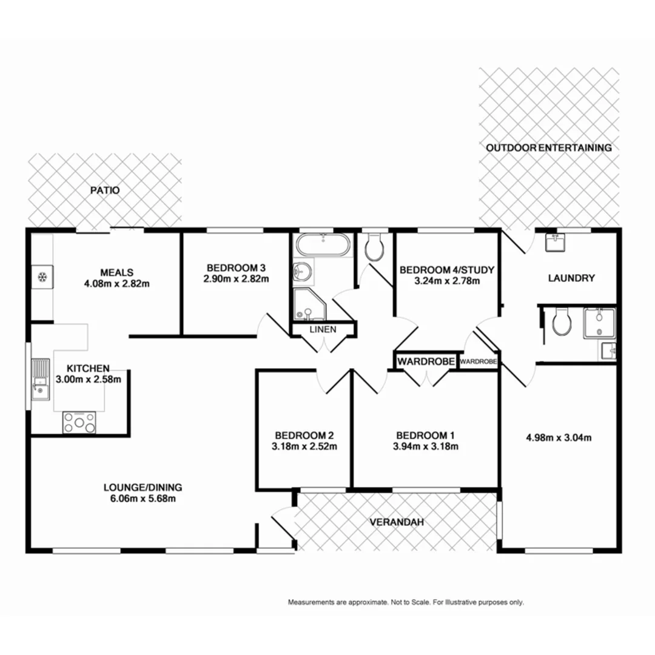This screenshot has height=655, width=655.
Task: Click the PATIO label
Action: click(x=105, y=190)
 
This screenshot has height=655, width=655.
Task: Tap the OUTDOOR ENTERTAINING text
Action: click(x=549, y=147)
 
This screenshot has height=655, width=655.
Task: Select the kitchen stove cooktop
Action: click(x=79, y=422)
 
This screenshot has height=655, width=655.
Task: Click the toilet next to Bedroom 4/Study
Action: click(x=374, y=246)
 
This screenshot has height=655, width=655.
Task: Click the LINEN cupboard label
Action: click(x=322, y=329)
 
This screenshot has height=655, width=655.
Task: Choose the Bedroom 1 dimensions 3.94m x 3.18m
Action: click(x=426, y=447)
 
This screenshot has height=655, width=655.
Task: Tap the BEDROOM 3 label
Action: click(x=236, y=267)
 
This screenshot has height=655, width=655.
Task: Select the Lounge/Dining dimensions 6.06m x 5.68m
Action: click(x=143, y=499)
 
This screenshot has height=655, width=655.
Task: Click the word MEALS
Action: click(x=117, y=272)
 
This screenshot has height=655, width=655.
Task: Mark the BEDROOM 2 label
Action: click(x=304, y=435)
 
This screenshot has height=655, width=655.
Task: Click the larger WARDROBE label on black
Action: click(x=426, y=361)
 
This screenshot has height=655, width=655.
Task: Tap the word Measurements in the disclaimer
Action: click(x=312, y=603)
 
